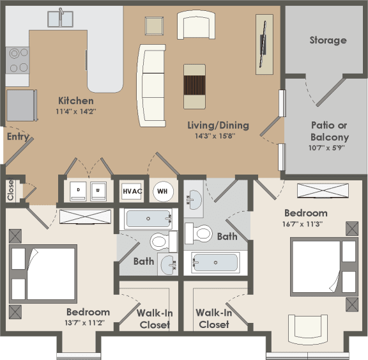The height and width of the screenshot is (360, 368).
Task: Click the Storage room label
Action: (328, 40)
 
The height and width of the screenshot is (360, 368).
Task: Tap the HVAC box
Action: (132, 191)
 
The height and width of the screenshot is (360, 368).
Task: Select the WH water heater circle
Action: (162, 191)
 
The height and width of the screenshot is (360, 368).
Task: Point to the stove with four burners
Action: (18, 60)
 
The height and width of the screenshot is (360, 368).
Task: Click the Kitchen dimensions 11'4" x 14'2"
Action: (76, 111)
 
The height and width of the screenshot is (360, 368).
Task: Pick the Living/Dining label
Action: (218, 125)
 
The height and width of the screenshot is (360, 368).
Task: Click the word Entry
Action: (17, 137)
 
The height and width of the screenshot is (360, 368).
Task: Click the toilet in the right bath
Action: (203, 233)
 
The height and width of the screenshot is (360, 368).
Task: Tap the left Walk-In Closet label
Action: (153, 318)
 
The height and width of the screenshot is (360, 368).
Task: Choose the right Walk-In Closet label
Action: (213, 318)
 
